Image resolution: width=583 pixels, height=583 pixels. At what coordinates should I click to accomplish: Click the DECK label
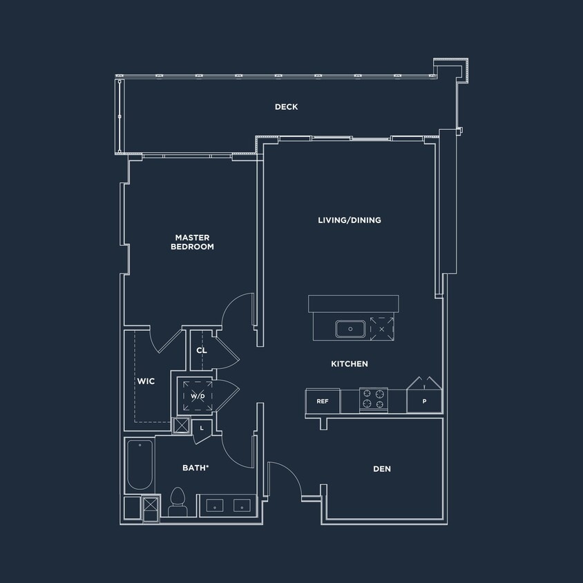[x=286, y=106]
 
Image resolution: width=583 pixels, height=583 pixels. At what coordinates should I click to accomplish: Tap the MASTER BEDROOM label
[x=193, y=242]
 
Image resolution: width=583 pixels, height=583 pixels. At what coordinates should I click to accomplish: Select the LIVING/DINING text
[x=349, y=220]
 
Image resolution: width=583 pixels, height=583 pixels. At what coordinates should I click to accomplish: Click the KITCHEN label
[x=349, y=364]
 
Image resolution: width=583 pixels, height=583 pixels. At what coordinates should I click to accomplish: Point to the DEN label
[x=382, y=469]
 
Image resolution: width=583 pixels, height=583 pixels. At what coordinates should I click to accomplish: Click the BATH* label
[x=195, y=468]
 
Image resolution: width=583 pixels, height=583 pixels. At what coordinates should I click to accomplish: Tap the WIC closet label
[x=146, y=381]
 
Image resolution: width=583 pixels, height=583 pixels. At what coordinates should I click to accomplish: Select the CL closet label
[x=202, y=351]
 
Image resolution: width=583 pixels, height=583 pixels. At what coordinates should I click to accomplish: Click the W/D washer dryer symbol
[x=198, y=396]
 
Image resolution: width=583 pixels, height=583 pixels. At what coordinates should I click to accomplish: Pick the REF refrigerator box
[x=322, y=401]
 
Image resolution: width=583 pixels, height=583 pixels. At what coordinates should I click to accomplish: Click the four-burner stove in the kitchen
[x=373, y=400]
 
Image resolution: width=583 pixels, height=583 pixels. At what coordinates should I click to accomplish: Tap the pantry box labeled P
[x=424, y=401]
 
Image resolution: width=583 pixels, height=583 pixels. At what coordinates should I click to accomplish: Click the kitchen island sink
[x=350, y=329]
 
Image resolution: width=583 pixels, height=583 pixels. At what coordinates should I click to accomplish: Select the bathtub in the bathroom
[x=140, y=465]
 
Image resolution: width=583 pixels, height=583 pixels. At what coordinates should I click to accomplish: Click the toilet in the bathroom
[x=178, y=501]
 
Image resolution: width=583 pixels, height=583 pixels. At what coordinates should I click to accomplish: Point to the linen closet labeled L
[x=202, y=428]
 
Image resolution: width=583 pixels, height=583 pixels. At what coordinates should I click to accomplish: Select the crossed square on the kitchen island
[x=381, y=328]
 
